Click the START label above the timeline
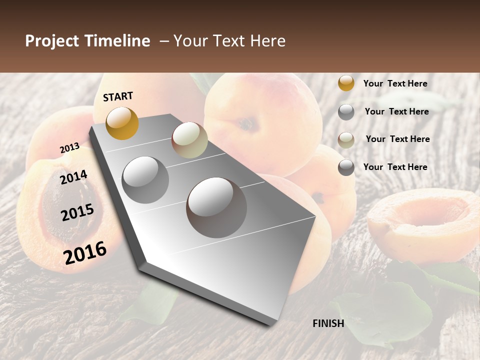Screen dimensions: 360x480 coord(118,96)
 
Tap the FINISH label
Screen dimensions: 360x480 coord(328,323)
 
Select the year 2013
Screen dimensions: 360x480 coord(69,147)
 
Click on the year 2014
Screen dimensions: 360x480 coord(73,177)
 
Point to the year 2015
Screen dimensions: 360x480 coord(77,212)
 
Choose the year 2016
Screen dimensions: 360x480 coord(85,252)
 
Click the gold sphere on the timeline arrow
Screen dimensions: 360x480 coord(122,123)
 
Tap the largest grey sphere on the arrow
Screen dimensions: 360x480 coord(216,207)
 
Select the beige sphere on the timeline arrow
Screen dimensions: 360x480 coord(189,140)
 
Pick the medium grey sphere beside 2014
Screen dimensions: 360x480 coord(145,179)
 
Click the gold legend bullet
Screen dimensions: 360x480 coord(346,83)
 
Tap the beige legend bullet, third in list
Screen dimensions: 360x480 coord(346,139)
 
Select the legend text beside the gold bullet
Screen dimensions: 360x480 coord(395,83)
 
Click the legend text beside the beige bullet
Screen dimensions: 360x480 coord(397,139)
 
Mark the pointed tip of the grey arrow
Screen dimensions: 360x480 coord(272,323)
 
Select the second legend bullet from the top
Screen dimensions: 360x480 coord(346,112)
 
